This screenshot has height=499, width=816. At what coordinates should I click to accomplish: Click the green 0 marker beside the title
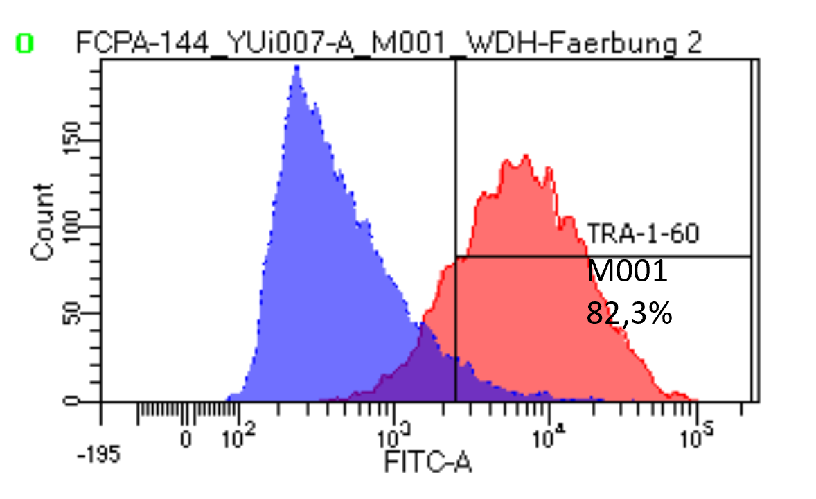25,44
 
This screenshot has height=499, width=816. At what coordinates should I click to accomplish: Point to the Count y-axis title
43,222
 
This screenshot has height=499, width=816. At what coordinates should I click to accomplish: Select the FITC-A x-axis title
428,462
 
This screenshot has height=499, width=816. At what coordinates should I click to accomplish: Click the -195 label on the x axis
100,455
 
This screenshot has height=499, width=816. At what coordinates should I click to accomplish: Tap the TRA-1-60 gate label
643,234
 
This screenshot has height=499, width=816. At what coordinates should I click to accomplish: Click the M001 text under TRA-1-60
627,272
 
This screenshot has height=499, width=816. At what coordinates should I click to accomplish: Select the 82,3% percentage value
629,313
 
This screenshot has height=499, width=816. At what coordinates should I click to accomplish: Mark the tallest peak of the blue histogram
296,67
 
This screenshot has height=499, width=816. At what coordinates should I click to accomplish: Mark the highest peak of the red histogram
526,155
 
